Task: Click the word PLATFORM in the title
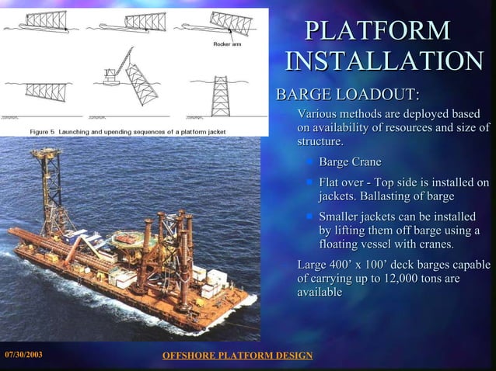tap(377, 31)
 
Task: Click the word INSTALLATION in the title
tap(384, 62)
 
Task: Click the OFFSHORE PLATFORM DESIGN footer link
tap(236, 355)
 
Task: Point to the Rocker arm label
tap(226, 43)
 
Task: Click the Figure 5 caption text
tap(127, 132)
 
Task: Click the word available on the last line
tap(320, 293)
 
